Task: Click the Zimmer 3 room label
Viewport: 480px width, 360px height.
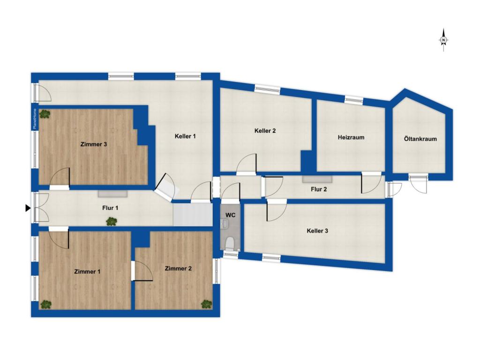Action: (x=94, y=144)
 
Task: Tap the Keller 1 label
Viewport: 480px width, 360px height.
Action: (x=185, y=136)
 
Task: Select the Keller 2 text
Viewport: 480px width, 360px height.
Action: (x=265, y=131)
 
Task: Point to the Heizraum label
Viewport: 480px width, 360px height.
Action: (x=351, y=137)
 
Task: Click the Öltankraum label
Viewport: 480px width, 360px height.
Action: (x=420, y=139)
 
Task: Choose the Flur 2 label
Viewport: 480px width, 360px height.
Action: (x=319, y=189)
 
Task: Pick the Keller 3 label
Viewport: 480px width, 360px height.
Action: (x=317, y=231)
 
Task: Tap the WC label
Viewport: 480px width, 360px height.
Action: (x=231, y=215)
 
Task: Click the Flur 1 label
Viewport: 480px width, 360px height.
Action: (x=110, y=208)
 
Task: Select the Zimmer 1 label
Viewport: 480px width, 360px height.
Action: (x=87, y=271)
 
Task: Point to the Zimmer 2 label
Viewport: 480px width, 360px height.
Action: (x=178, y=269)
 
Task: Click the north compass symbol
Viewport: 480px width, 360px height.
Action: (x=443, y=40)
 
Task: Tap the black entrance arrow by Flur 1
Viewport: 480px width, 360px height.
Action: (x=28, y=208)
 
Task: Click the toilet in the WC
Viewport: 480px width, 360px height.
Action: (x=230, y=243)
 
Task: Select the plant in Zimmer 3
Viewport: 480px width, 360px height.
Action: (x=45, y=114)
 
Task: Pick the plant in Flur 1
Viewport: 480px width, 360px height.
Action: (x=112, y=221)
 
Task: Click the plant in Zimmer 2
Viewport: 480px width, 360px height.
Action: (x=206, y=304)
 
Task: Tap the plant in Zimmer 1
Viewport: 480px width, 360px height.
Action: (x=46, y=304)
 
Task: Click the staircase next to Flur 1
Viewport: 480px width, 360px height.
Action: (x=193, y=216)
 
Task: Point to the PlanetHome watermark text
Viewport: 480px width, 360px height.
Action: (x=35, y=119)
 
